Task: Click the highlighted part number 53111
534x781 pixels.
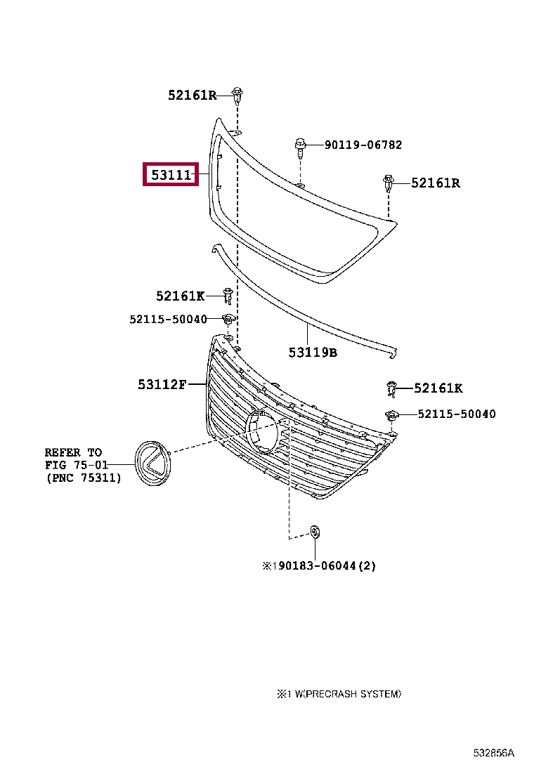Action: click(x=171, y=175)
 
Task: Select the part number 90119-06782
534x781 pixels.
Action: click(x=363, y=145)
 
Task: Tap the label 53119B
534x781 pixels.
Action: click(x=313, y=353)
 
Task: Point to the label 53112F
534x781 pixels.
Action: click(x=162, y=384)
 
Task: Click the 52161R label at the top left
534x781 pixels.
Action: click(x=193, y=95)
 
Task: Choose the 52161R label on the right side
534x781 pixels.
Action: click(x=436, y=183)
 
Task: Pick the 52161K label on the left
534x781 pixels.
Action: click(x=181, y=296)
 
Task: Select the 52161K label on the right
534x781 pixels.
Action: click(x=438, y=388)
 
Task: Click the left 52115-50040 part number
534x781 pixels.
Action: click(x=169, y=320)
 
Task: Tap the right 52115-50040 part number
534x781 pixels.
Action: click(x=457, y=414)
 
